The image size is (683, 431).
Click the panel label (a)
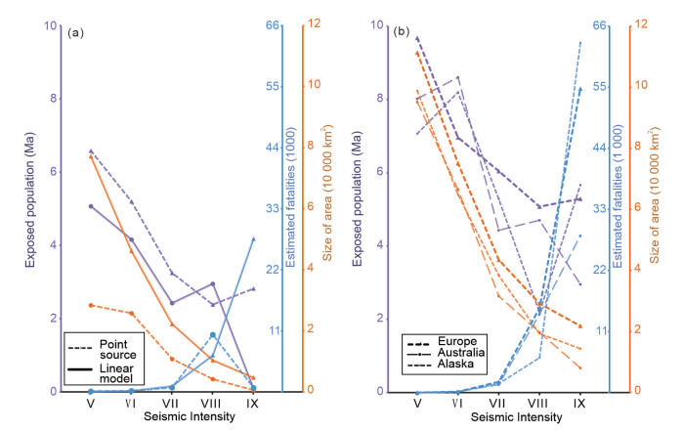coord(75,32)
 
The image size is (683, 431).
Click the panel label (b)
coord(402,32)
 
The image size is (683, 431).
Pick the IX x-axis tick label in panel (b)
coord(580,403)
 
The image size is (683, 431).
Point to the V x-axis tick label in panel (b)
coord(417,403)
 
